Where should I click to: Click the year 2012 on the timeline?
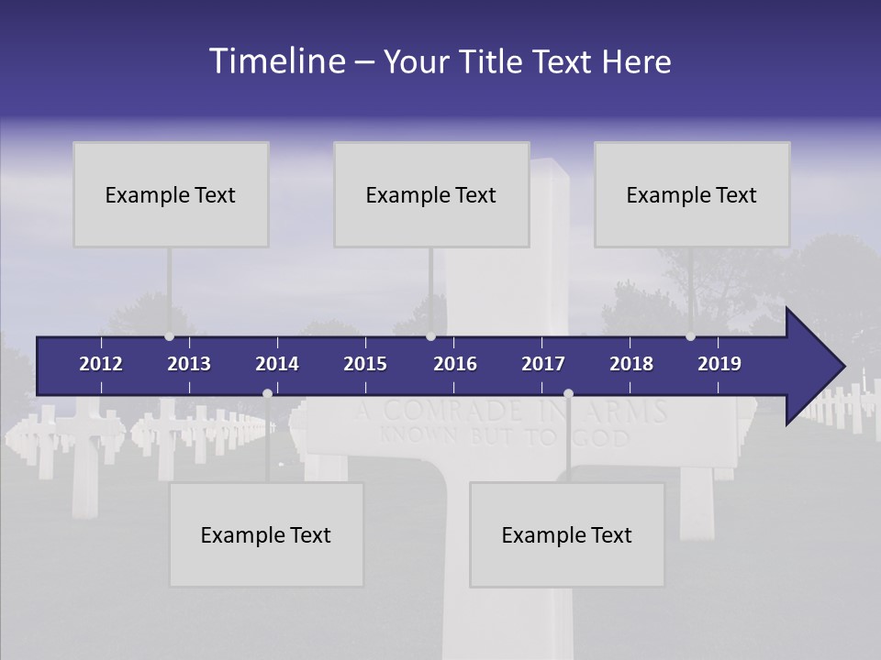[x=101, y=364]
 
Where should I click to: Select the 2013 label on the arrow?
[x=189, y=364]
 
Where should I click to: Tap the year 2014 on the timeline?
[x=277, y=364]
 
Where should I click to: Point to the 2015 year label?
[x=365, y=364]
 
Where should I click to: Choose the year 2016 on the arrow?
[x=455, y=364]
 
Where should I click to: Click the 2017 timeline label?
[x=543, y=364]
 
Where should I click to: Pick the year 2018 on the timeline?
[x=631, y=364]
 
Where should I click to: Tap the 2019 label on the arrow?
[x=719, y=364]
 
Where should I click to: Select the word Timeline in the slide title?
[x=276, y=61]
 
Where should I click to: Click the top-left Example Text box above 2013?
[x=171, y=194]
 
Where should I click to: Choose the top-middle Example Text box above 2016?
[x=431, y=194]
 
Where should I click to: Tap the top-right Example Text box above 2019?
[x=692, y=194]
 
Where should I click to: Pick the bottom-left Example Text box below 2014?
[x=266, y=534]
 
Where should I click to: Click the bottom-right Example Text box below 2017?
[x=567, y=534]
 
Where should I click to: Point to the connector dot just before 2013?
[x=169, y=336]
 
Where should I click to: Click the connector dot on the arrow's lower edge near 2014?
[x=267, y=393]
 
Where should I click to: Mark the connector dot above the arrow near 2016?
[x=430, y=336]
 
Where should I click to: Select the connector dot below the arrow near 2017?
[x=568, y=393]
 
